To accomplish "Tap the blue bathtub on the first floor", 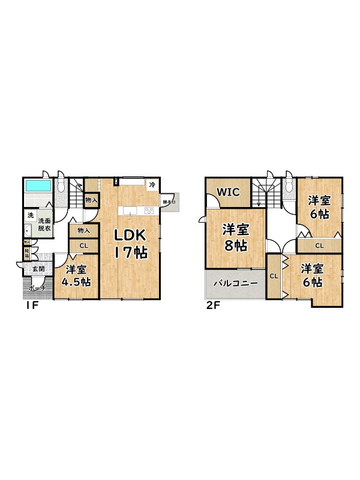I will point(38,186).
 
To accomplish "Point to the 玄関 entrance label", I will point(38,269).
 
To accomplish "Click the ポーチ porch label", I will point(37,288).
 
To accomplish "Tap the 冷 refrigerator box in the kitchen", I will point(152,184).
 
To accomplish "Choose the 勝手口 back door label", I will point(169,202).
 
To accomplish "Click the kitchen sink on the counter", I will point(131,210).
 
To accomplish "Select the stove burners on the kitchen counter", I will point(148,210).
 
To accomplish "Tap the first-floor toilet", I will point(61,185).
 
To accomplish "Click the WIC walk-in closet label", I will point(229,193).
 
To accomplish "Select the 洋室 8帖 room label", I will point(236,237).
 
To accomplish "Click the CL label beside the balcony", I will point(273,276).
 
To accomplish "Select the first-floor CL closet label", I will point(84,245).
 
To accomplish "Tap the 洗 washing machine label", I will point(29,215).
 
